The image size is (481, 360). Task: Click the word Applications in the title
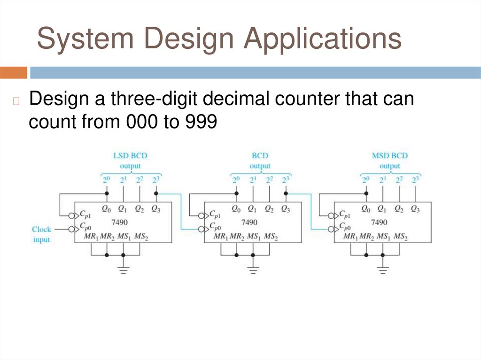pyautogui.click(x=322, y=39)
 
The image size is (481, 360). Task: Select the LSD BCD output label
pyautogui.click(x=127, y=161)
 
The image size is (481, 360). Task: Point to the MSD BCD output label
pyautogui.click(x=389, y=161)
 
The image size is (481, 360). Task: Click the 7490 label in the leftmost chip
pyautogui.click(x=120, y=222)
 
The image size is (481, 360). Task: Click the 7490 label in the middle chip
pyautogui.click(x=249, y=222)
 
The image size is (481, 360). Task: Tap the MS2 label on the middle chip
pyautogui.click(x=271, y=237)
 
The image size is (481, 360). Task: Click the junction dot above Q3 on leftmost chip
pyautogui.click(x=156, y=193)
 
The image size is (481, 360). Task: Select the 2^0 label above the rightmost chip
pyautogui.click(x=365, y=180)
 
